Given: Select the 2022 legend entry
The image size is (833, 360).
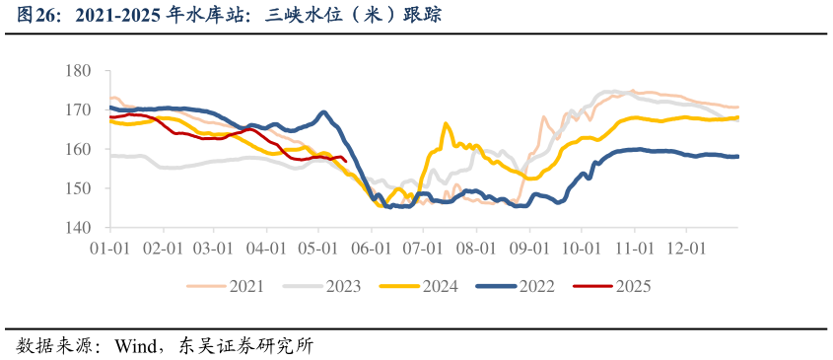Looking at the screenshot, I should pyautogui.click(x=535, y=287).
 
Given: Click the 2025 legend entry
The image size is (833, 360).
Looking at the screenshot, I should pyautogui.click(x=632, y=287).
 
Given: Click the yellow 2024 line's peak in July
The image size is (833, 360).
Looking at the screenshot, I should pyautogui.click(x=446, y=124).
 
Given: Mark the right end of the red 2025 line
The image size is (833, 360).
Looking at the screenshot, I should pyautogui.click(x=345, y=162).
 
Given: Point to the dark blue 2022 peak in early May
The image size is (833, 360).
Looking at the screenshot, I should pyautogui.click(x=323, y=112).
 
